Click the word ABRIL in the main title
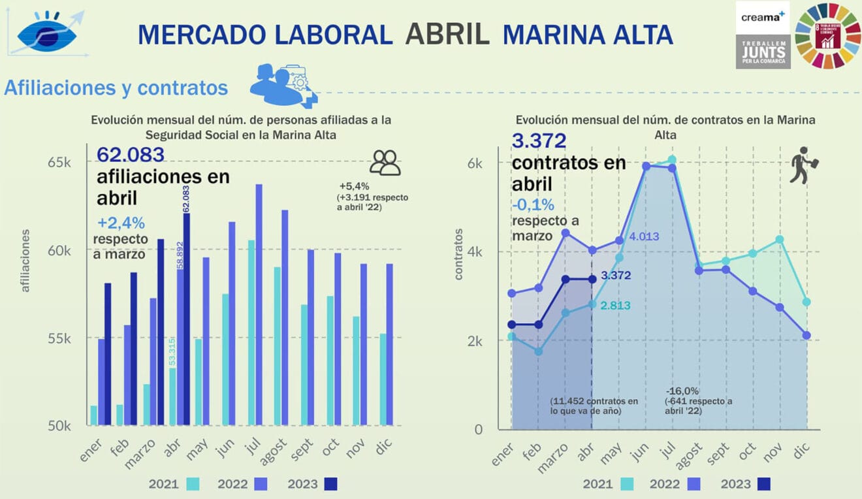447,34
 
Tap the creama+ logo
762,16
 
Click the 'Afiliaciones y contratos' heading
116,88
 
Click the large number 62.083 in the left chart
131,154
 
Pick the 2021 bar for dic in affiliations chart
382,379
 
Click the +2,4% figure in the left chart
121,221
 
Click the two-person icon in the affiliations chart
385,163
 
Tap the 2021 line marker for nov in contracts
779,240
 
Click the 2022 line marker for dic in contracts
806,335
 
